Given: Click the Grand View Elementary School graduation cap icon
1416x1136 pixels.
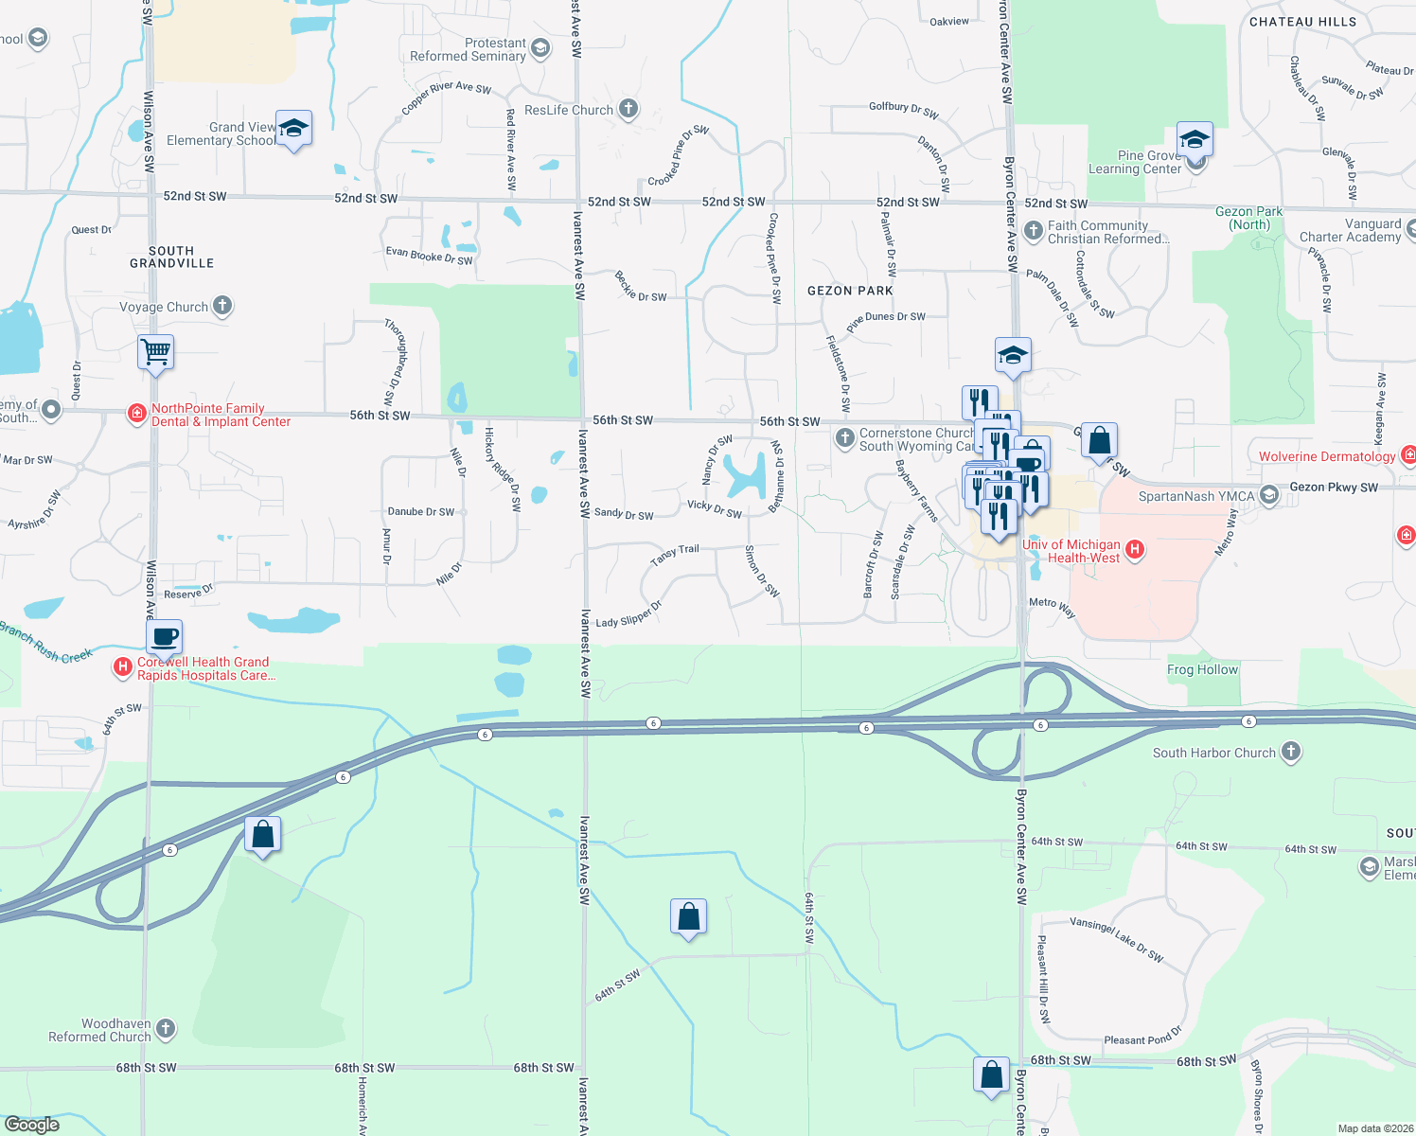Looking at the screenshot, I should [x=293, y=129].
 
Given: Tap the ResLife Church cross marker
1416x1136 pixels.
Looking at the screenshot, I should [x=628, y=109].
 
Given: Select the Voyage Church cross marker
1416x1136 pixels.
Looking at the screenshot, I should [x=222, y=306].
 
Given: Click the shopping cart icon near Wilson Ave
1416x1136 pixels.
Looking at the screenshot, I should [x=156, y=352].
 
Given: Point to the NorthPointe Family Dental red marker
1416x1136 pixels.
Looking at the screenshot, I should [x=137, y=414].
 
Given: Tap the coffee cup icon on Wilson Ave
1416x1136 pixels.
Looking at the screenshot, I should [x=165, y=637].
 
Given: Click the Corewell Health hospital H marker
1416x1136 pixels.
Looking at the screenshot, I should [x=122, y=667].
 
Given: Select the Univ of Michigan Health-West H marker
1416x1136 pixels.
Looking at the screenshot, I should [x=1135, y=549].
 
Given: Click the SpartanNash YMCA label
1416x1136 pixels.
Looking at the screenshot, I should [x=1196, y=496].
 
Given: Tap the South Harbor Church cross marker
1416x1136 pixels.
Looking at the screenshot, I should [x=1291, y=752].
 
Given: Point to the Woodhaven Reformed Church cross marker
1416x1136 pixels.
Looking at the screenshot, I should [x=166, y=1029].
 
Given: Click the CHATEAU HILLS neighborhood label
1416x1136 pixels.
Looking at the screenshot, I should [x=1302, y=22].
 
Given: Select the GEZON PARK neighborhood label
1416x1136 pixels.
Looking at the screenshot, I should [x=850, y=291].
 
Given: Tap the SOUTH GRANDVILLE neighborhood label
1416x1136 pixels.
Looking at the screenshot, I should [x=171, y=257].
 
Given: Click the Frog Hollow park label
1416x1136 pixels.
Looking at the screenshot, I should [x=1202, y=669].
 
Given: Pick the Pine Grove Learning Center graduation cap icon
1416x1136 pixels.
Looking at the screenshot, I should [x=1195, y=140].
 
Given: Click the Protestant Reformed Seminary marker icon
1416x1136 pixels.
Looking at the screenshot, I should [x=540, y=48].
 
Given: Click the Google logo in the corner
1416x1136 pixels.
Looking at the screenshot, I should [x=32, y=1124].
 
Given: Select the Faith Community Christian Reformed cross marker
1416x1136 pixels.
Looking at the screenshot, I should [x=1034, y=230].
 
